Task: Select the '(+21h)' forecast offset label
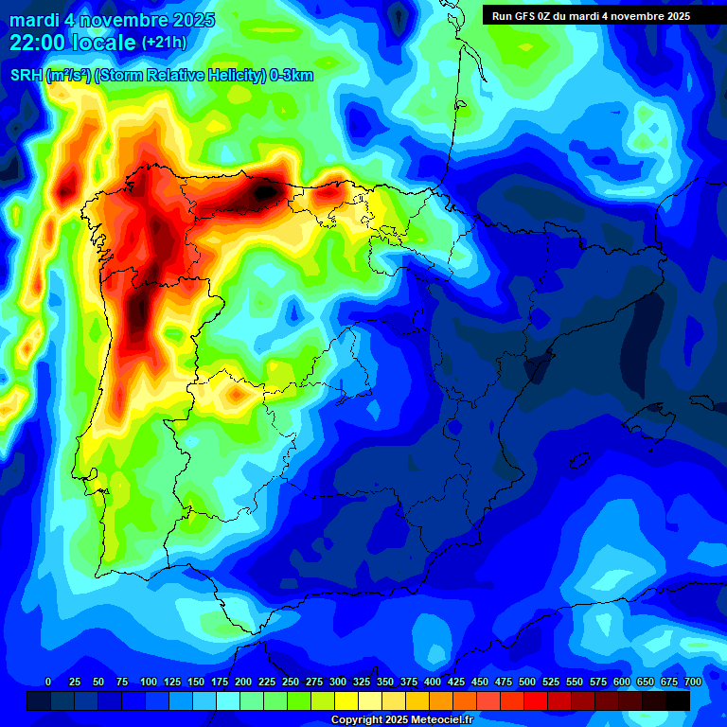[x=164, y=42]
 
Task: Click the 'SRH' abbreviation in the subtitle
[x=26, y=77]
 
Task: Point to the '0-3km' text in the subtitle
[x=292, y=77]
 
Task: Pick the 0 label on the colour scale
[x=48, y=682]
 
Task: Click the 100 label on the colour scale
[x=148, y=682]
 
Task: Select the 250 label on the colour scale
[x=290, y=682]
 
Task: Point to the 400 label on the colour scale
[x=433, y=682]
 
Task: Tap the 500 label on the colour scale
[x=527, y=682]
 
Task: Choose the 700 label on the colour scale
[x=693, y=682]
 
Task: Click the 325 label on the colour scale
[x=361, y=682]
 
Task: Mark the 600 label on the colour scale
[x=622, y=682]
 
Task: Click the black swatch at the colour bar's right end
[x=677, y=700]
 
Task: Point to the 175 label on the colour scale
[x=219, y=682]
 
